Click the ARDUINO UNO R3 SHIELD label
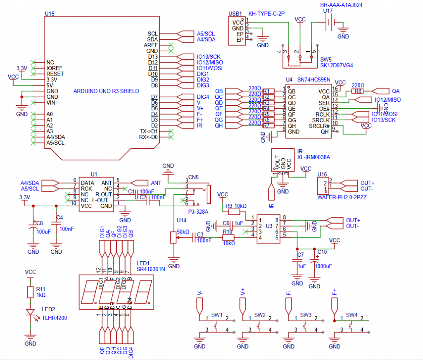[x=106, y=91]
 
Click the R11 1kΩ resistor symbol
[x=30, y=292]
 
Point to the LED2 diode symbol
[x=30, y=313]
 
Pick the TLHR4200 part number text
[x=54, y=318]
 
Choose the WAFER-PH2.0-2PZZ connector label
[x=342, y=198]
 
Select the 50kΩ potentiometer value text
[x=183, y=231]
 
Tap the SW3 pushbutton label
[x=306, y=315]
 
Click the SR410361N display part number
[x=150, y=269]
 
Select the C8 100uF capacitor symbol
[x=33, y=227]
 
